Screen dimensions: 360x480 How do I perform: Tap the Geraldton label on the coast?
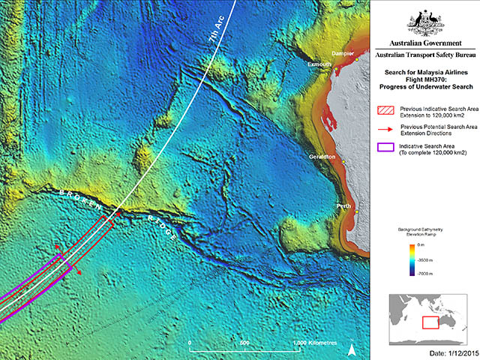[322, 157]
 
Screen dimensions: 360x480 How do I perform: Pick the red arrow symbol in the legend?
[383, 131]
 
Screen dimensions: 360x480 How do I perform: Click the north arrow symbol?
[361, 347]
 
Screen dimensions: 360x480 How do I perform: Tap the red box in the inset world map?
[430, 322]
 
